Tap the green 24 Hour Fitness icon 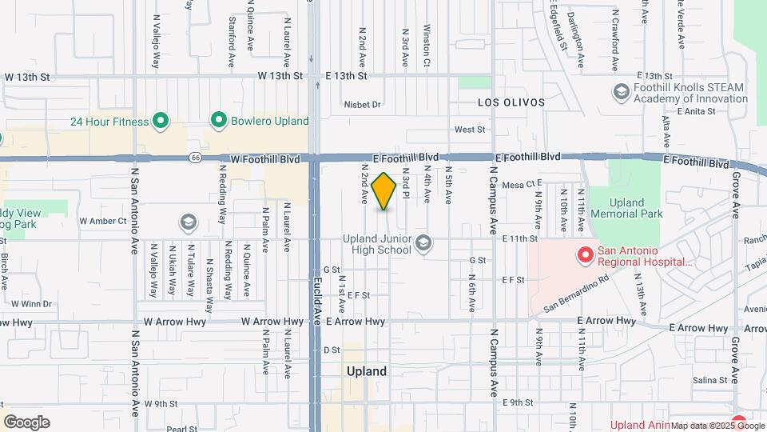(161, 121)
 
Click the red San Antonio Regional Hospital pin (585, 256)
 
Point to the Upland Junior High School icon (423, 242)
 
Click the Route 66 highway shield (195, 158)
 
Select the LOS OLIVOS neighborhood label (511, 102)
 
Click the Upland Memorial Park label (637, 209)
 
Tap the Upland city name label (367, 371)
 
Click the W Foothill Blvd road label (267, 159)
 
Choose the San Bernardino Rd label (576, 294)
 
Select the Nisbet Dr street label (363, 104)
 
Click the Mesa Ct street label (519, 184)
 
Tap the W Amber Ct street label (103, 220)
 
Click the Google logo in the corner (27, 422)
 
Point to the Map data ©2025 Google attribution (717, 426)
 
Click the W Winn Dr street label (31, 303)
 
